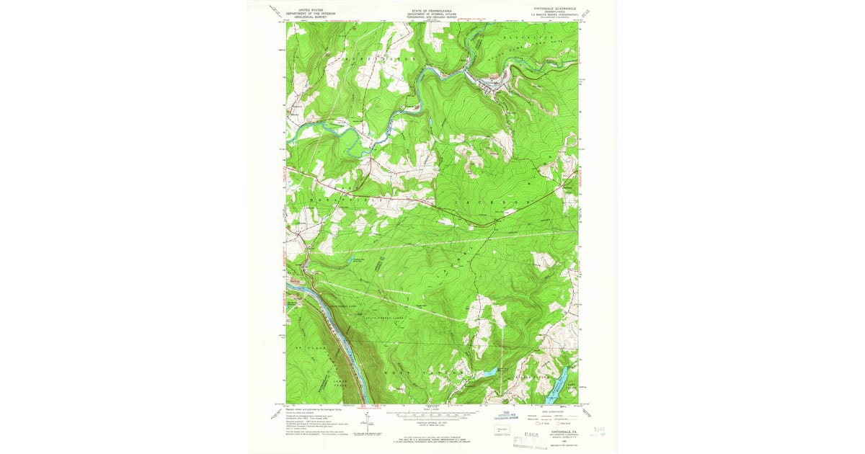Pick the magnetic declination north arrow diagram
[x=370, y=422]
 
